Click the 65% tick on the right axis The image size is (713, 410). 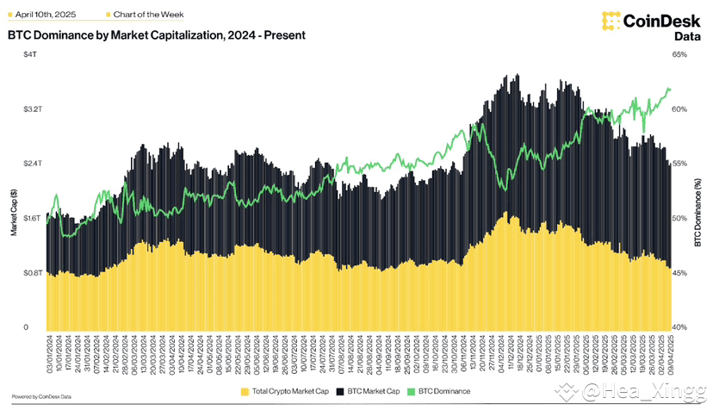tap(679, 55)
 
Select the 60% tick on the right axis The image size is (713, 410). tap(679, 110)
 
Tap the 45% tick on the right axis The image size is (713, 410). tap(679, 273)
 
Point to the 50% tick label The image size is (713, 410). tap(679, 219)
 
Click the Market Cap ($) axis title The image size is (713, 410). tap(13, 213)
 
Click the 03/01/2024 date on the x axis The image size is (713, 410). tap(49, 356)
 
